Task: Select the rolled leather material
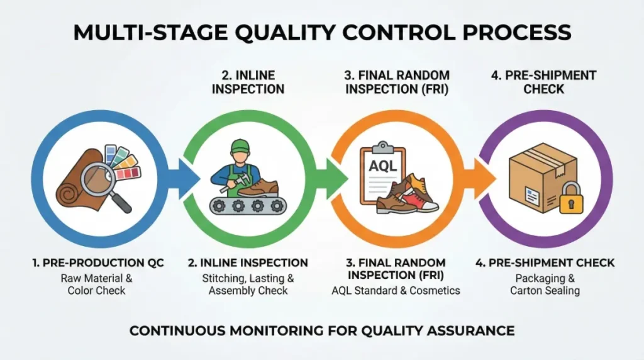72,186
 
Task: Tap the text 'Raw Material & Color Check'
97,284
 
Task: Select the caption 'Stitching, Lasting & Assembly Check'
248,284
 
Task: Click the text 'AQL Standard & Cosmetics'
396,290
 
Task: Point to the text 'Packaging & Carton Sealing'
544,284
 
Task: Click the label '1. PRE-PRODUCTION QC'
97,262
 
